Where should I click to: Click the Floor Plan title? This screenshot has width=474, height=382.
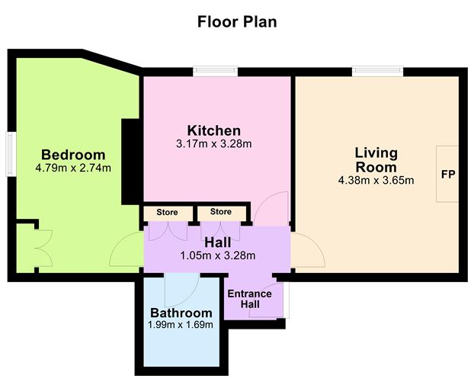(237, 21)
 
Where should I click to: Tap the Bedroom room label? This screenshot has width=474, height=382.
(73, 154)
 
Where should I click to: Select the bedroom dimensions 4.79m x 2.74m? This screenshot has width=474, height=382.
(73, 168)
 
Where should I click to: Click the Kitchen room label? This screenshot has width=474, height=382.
(214, 130)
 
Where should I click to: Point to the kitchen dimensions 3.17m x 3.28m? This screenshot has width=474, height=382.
(214, 143)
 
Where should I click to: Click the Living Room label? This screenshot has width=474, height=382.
(376, 160)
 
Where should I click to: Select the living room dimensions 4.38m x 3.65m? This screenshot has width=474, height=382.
(376, 181)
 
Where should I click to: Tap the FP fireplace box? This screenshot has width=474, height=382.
(447, 174)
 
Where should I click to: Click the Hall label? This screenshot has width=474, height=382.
(217, 242)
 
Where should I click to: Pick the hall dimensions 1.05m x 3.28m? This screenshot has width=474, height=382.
(217, 255)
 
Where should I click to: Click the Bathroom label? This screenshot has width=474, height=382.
(181, 313)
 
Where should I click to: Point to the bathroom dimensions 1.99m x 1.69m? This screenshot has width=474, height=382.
(181, 325)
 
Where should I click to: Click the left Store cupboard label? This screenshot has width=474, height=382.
(167, 211)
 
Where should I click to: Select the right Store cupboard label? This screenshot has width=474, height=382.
(221, 211)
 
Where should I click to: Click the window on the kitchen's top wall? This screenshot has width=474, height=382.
(216, 72)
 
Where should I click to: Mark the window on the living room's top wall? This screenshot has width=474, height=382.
(378, 72)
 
